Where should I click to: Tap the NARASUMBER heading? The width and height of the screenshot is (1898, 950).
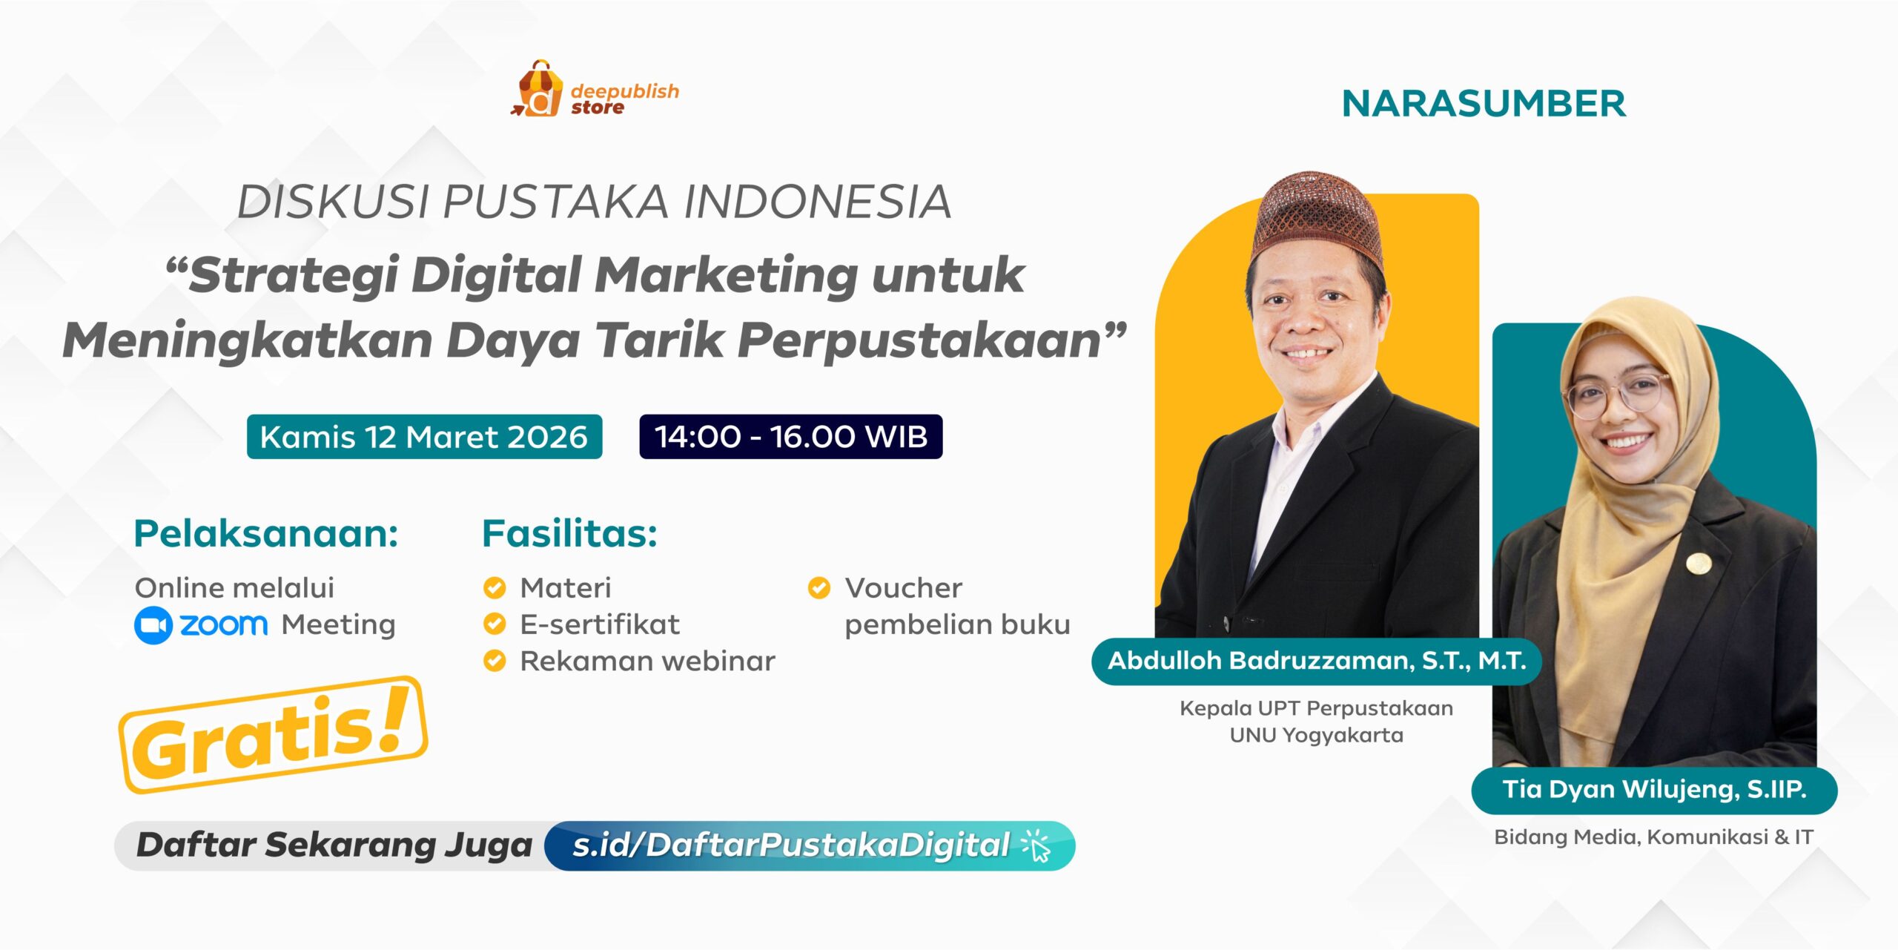pyautogui.click(x=1484, y=104)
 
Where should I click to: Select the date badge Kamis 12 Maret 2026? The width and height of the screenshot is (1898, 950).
pyautogui.click(x=424, y=437)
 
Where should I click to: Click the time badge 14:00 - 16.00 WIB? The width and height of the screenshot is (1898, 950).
pyautogui.click(x=790, y=437)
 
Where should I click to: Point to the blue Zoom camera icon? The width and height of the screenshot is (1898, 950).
pyautogui.click(x=153, y=625)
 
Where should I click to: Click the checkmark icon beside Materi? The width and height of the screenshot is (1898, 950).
pyautogui.click(x=494, y=588)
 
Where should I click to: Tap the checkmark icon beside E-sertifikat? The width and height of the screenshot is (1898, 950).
pyautogui.click(x=494, y=624)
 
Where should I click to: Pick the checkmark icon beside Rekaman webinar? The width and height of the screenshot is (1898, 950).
pyautogui.click(x=494, y=661)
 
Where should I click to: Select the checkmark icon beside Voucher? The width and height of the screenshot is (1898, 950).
pyautogui.click(x=819, y=588)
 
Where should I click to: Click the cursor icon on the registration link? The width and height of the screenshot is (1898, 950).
pyautogui.click(x=1036, y=846)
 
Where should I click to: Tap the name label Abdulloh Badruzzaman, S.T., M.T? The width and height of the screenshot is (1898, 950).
pyautogui.click(x=1317, y=661)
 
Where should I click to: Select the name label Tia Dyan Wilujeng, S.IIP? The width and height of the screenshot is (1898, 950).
pyautogui.click(x=1654, y=790)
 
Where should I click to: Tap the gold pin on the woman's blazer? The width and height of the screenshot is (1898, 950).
pyautogui.click(x=1699, y=564)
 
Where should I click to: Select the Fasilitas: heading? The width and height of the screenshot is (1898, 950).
pyautogui.click(x=569, y=534)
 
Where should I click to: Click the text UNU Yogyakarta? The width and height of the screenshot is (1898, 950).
pyautogui.click(x=1316, y=736)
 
